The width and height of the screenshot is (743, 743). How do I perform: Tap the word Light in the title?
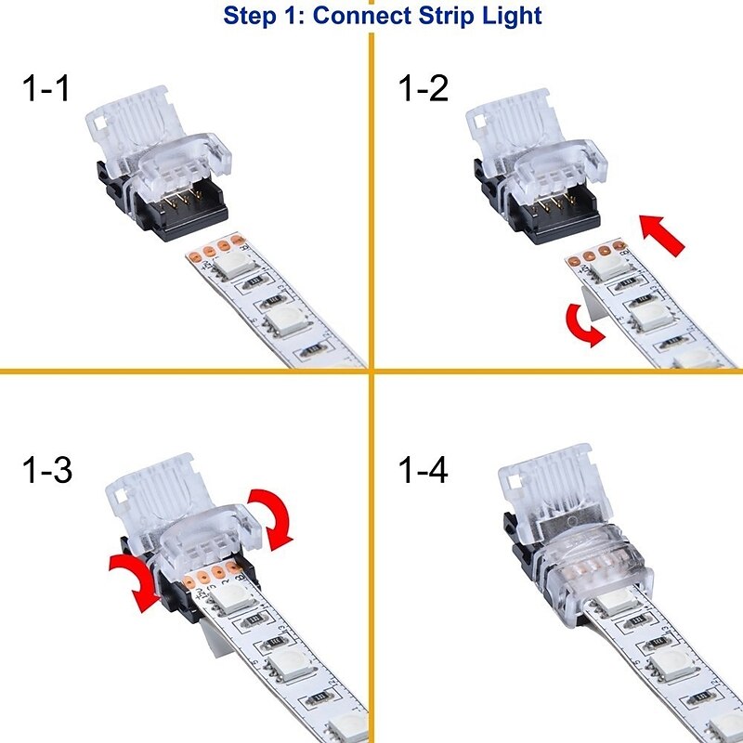pos(509,16)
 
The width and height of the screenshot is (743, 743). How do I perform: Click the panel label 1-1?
pos(46,91)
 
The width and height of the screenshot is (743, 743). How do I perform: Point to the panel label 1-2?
pos(423,91)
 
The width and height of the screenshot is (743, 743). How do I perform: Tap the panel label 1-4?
pos(423,471)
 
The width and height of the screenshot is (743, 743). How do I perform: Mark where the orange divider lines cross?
pos(371,371)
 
